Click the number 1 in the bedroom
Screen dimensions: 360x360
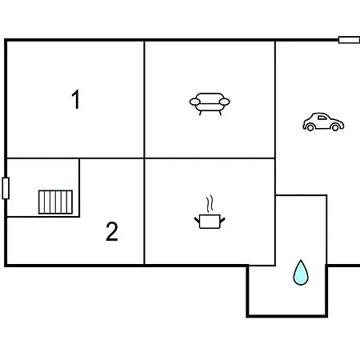(76, 99)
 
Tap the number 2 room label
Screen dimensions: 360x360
(112, 231)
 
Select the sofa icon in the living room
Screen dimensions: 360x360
(210, 104)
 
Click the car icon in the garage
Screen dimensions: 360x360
(323, 122)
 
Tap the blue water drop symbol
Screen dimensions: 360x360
(301, 273)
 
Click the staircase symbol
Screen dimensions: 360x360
(55, 202)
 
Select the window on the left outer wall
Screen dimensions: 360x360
(6, 188)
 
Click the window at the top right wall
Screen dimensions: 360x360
(349, 40)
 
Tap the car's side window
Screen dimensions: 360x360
(322, 118)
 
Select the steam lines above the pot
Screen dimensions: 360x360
(210, 204)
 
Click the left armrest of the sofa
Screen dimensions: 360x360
(194, 102)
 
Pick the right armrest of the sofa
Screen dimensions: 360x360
(225, 102)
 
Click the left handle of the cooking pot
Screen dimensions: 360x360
(197, 221)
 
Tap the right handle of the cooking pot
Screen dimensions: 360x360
(222, 221)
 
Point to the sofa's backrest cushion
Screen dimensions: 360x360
(210, 98)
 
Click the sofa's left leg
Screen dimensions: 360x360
(200, 113)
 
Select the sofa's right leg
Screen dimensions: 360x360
(220, 113)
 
